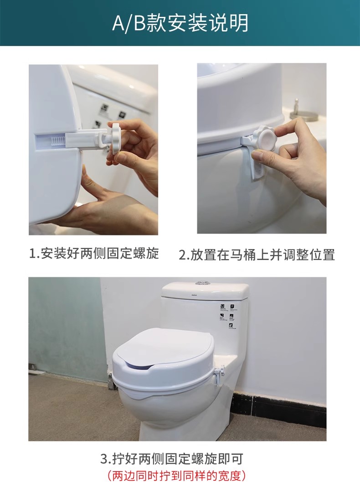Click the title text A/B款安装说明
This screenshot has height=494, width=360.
coord(180,23)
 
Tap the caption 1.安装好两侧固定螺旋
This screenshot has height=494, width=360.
coord(94,253)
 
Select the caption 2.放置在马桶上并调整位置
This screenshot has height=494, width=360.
coord(257,255)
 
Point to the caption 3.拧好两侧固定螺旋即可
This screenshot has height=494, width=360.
coord(172,459)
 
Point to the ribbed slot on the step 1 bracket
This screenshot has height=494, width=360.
coord(58,140)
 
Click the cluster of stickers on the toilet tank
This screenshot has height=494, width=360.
coord(228,316)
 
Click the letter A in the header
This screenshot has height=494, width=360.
coord(118,23)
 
